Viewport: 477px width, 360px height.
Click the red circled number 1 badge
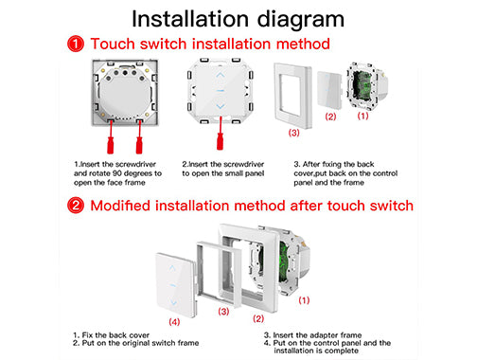tap(76, 44)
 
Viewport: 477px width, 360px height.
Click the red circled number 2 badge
tap(76, 206)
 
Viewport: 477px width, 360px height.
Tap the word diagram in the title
tap(301, 19)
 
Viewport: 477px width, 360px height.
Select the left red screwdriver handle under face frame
tap(110, 145)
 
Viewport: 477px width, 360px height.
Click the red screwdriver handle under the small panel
tap(220, 141)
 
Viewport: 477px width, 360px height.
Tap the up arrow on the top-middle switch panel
tap(221, 75)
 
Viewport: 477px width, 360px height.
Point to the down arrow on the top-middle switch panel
tap(221, 106)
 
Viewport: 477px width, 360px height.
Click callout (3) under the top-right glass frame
tap(294, 133)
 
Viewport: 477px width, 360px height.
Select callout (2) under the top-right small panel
tap(330, 117)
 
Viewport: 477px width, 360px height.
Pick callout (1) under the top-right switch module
tap(362, 116)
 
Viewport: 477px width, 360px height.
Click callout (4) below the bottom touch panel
tap(174, 322)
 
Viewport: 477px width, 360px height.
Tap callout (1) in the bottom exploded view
tap(304, 300)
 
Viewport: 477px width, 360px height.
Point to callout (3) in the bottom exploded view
tap(223, 312)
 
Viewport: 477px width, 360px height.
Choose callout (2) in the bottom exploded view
tap(258, 318)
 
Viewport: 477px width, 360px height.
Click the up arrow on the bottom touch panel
tap(172, 268)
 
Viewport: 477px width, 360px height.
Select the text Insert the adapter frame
tap(317, 335)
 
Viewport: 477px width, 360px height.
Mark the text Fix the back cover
tap(115, 335)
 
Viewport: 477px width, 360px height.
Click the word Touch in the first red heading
tap(113, 44)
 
